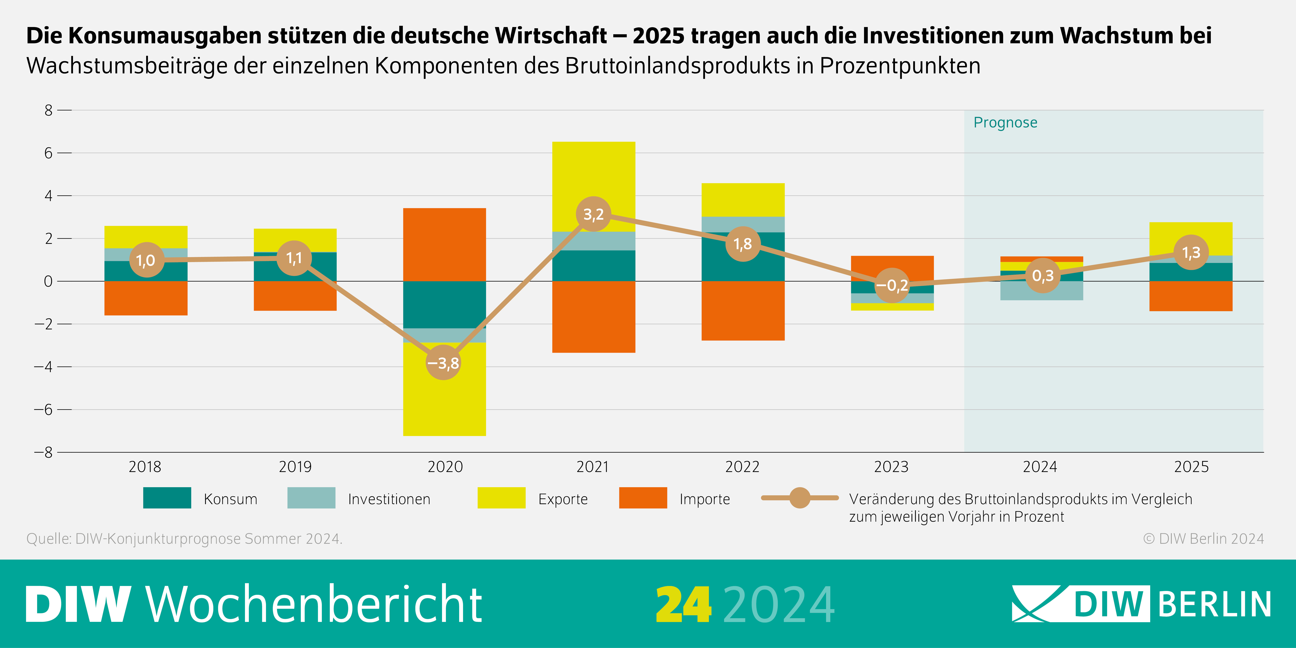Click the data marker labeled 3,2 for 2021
coord(594,214)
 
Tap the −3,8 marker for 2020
coord(443,362)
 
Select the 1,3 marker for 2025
coord(1191,253)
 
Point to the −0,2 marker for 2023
coord(892,285)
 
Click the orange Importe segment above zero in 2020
coord(445,245)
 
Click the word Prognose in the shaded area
coord(1005,123)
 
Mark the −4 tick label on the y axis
coord(43,367)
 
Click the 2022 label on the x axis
coord(742,467)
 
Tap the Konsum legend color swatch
coord(167,498)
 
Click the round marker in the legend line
coord(799,498)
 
